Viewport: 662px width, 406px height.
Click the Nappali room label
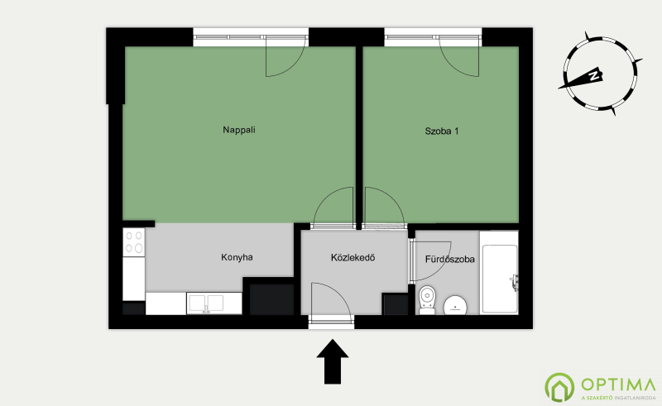coord(239,130)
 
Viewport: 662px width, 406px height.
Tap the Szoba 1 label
coord(442,131)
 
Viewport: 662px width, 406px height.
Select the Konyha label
coord(237,257)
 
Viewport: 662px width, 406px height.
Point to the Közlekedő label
coord(353,257)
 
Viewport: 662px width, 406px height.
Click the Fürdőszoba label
coord(449,259)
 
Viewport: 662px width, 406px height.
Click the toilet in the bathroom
coord(427,300)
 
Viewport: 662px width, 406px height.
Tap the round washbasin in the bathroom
coord(455,305)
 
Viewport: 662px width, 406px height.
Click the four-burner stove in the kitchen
coord(134,242)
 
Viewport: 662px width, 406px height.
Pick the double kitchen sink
coord(206,303)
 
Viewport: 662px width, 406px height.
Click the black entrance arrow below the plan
coord(333,361)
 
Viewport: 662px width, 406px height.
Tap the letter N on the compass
coord(594,76)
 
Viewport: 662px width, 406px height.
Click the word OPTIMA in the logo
coord(618,385)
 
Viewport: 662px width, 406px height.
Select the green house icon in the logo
coord(559,387)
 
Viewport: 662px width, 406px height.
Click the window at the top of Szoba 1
coord(433,37)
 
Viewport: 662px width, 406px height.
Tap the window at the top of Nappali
coord(251,37)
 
